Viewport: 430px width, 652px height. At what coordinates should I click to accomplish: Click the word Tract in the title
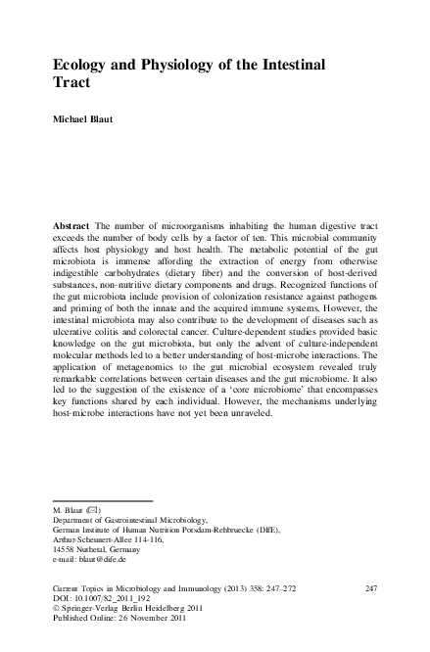[72, 83]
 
